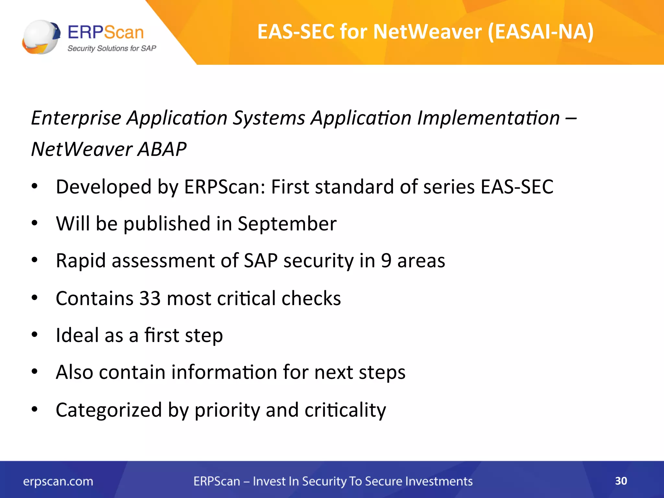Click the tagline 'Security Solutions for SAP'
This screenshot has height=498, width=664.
112,49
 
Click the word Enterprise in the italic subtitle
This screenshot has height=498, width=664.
76,118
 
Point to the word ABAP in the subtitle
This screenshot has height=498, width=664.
162,149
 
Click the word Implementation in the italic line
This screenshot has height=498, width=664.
488,118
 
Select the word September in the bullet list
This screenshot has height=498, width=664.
287,224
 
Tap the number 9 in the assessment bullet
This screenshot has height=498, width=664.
386,261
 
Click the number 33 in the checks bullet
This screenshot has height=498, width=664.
150,298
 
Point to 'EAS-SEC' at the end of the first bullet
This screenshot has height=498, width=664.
517,187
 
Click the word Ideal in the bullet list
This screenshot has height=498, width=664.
77,335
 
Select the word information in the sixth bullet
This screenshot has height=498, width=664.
224,372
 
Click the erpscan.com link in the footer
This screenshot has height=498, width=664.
58,481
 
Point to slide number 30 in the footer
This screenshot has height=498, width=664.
621,481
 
